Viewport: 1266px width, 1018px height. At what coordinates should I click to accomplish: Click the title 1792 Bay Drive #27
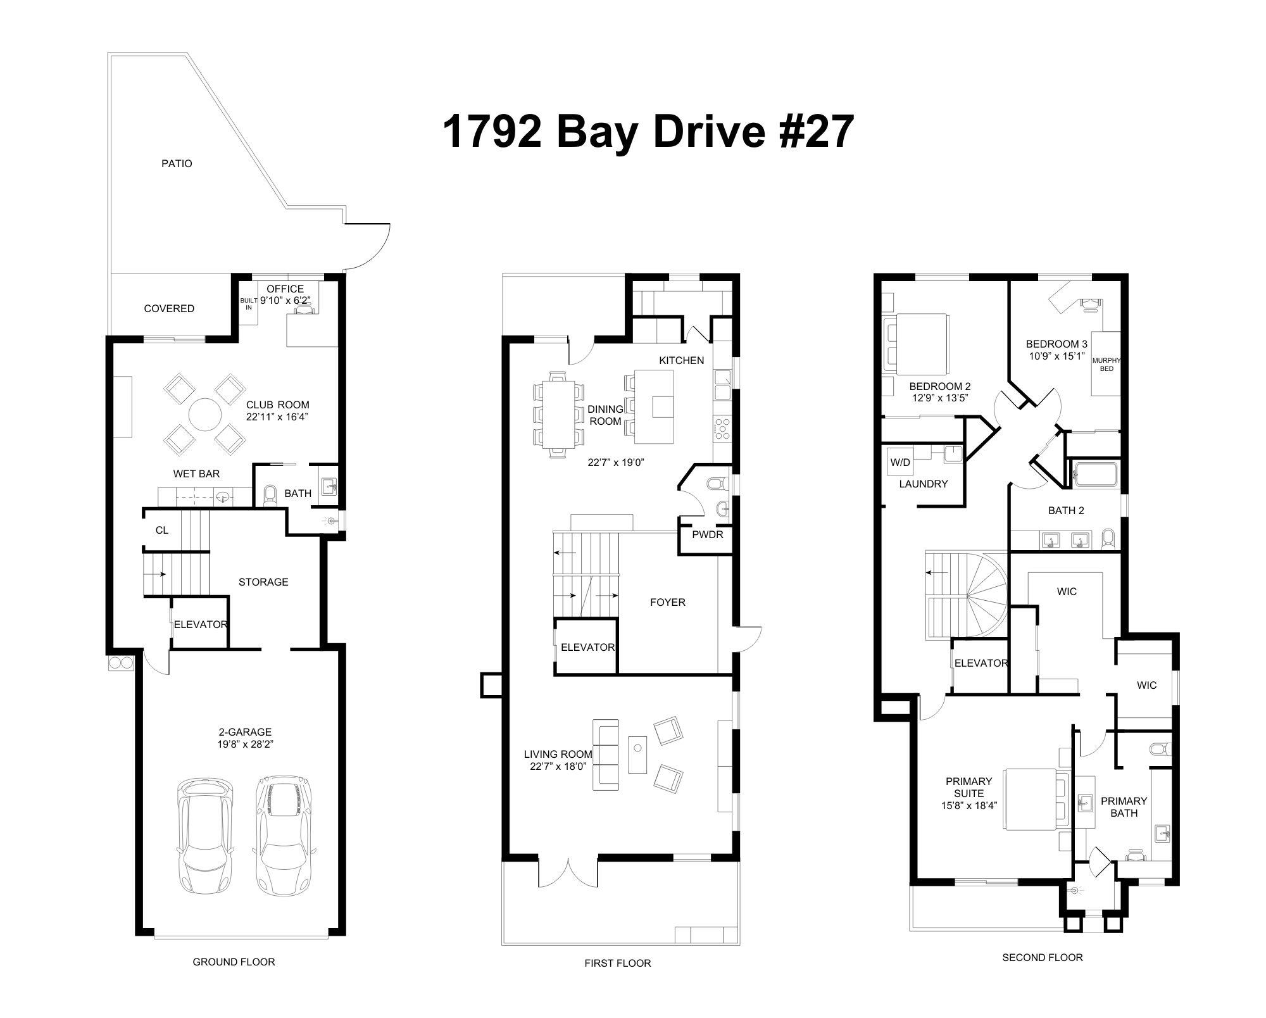click(x=648, y=132)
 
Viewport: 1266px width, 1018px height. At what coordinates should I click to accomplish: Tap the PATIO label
click(x=177, y=163)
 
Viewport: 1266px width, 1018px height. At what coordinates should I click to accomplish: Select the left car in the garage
click(x=205, y=836)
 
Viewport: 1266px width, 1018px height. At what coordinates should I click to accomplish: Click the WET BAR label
click(x=196, y=474)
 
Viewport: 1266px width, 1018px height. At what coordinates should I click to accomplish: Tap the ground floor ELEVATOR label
click(x=200, y=624)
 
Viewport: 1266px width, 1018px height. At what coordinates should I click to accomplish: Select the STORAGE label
click(x=263, y=582)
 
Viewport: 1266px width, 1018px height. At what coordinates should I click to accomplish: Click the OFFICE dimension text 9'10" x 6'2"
click(x=285, y=301)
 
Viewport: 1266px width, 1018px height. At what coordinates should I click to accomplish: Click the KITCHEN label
click(x=681, y=360)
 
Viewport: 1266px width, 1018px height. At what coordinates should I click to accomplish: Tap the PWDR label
click(x=707, y=534)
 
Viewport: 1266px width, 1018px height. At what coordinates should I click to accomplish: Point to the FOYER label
click(x=667, y=602)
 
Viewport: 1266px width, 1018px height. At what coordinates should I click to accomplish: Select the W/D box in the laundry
click(x=900, y=462)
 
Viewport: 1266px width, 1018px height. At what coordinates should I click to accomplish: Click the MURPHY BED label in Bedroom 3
click(x=1106, y=364)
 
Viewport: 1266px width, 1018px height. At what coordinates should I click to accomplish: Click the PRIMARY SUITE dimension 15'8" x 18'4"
click(x=968, y=806)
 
